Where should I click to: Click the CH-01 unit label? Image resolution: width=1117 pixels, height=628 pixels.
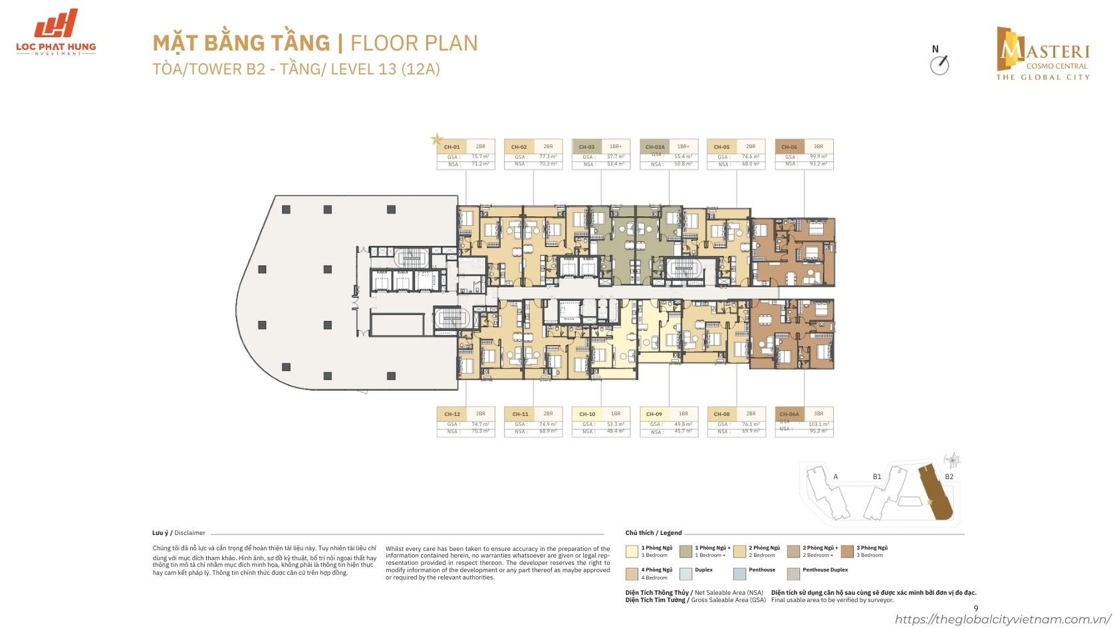tap(452, 147)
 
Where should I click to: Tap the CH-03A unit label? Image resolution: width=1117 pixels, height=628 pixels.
tap(655, 147)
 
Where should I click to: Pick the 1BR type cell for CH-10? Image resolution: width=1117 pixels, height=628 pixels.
tap(616, 413)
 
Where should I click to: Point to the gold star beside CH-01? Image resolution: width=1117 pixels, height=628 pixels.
tap(436, 140)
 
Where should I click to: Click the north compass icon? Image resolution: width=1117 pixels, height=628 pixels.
tap(939, 64)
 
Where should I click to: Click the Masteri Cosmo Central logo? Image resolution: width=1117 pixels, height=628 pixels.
tap(1042, 52)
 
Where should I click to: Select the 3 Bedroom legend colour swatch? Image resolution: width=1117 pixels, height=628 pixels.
tap(847, 551)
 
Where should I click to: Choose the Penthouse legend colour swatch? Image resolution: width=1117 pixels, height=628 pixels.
tap(740, 573)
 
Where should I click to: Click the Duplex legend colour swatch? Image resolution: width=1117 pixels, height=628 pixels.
tap(686, 573)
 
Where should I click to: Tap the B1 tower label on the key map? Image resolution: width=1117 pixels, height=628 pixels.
tap(877, 476)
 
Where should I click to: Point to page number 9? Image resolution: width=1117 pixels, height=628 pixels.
tap(975, 608)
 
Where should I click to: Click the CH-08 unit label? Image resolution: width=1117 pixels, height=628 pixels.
tap(721, 414)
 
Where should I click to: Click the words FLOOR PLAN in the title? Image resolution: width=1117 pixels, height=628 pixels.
tap(414, 43)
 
